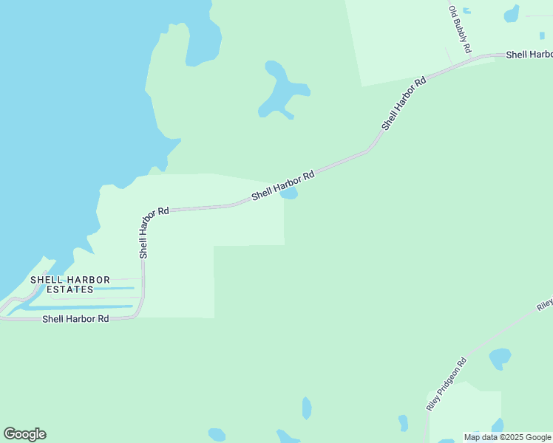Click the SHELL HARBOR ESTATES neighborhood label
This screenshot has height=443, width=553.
point(70,285)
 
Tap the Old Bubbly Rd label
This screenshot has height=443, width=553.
point(459,29)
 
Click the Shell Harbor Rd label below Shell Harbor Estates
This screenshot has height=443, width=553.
point(75,319)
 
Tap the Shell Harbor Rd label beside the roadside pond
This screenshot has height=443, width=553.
point(283,185)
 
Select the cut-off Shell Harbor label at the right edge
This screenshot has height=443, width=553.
point(529,55)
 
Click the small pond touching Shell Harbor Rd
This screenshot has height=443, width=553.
point(290,194)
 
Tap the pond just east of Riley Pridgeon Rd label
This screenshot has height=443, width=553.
point(500,359)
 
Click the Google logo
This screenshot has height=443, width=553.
point(25,434)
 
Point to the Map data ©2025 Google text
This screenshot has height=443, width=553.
point(508,437)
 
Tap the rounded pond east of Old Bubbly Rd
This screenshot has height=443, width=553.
point(511,13)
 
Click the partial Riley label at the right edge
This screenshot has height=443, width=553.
point(545,303)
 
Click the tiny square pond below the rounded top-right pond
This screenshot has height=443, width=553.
point(542,35)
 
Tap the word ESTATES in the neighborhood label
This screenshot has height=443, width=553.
point(70,290)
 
